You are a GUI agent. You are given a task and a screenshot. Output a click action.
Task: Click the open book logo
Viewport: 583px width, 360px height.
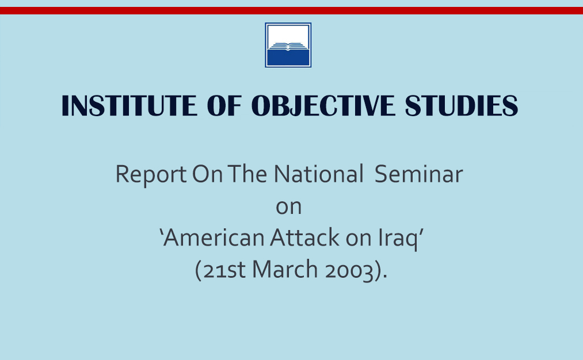coord(288,45)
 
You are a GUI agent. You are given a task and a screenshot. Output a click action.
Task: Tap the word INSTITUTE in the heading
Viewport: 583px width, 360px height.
coord(129,105)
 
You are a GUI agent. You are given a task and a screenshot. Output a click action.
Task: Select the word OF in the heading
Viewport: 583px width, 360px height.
coord(224,105)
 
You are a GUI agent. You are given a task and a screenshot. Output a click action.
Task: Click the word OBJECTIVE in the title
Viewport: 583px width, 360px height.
coord(323,105)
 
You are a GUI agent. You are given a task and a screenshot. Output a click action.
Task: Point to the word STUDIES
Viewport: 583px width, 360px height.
coord(462,105)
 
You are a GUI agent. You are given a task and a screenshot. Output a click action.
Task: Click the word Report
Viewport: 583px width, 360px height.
coord(151,174)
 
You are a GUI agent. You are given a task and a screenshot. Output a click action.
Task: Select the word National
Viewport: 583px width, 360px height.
coord(319,174)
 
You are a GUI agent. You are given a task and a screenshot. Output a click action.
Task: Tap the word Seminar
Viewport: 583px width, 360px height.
coord(418,174)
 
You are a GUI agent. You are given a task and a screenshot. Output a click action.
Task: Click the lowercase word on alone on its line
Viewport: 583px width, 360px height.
coord(288,207)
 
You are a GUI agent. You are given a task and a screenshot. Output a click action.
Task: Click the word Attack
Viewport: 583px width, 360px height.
coord(305,238)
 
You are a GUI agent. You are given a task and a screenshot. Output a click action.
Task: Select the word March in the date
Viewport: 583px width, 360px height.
coord(285,269)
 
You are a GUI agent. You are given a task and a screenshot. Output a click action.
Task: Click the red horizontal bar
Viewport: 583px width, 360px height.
coord(291,10)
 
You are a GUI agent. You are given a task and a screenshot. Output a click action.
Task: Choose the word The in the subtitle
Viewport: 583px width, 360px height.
coord(247,174)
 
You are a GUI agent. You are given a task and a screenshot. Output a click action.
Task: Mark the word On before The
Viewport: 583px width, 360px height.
coord(207,174)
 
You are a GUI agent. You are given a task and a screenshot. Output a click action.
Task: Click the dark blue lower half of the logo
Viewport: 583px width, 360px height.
coord(288,58)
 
